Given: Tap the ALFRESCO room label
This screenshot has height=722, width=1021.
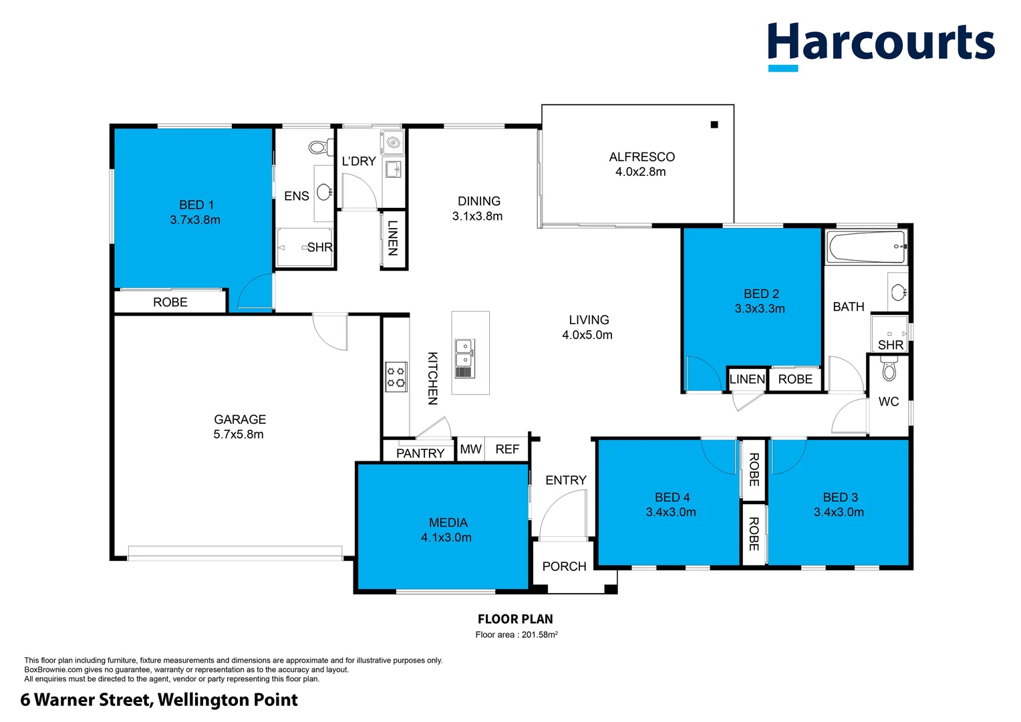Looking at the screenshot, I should pyautogui.click(x=641, y=157).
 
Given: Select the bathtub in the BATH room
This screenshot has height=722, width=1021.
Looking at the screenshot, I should pyautogui.click(x=867, y=247).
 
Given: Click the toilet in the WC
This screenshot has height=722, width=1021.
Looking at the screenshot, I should pyautogui.click(x=889, y=370).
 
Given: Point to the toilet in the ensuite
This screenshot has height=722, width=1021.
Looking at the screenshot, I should pyautogui.click(x=319, y=147).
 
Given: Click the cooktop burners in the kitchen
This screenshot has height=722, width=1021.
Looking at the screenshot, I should pyautogui.click(x=396, y=376).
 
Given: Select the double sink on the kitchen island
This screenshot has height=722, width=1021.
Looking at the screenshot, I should pyautogui.click(x=464, y=358).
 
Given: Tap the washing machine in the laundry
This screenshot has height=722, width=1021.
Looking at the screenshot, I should pyautogui.click(x=393, y=142).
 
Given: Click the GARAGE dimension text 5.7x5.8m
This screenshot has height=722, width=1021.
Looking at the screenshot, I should pyautogui.click(x=239, y=435).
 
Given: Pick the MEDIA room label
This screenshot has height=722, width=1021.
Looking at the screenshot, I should pyautogui.click(x=448, y=523).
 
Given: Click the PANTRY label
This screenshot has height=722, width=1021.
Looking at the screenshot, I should pyautogui.click(x=420, y=453).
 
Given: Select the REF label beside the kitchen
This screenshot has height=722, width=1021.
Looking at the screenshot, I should pyautogui.click(x=507, y=449).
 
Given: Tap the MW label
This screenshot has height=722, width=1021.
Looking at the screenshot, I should pyautogui.click(x=470, y=449).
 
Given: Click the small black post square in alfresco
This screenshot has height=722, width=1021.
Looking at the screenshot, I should pyautogui.click(x=714, y=124).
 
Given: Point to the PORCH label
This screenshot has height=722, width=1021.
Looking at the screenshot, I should pyautogui.click(x=564, y=566).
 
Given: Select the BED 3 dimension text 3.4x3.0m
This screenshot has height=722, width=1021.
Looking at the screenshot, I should pyautogui.click(x=839, y=512).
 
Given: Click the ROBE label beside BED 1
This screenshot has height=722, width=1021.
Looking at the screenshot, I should pyautogui.click(x=170, y=302).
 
